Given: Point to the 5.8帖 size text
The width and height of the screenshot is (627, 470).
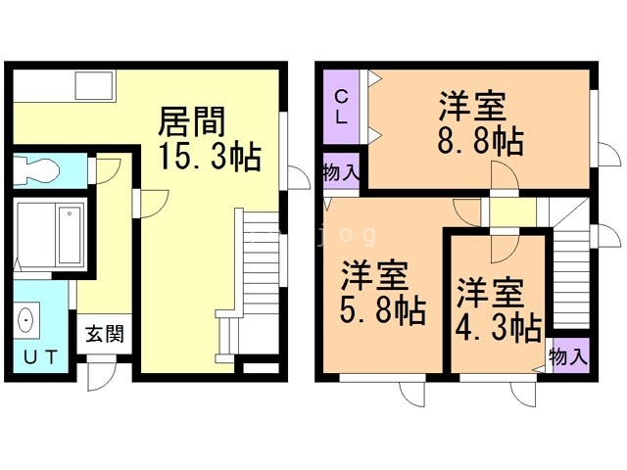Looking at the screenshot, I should tap(382, 312).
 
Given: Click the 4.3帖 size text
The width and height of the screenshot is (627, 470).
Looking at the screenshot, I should tap(499, 326).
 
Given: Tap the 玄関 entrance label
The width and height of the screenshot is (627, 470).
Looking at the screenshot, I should tap(104, 334).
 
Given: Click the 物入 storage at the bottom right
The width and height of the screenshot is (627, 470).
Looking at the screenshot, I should tap(568, 354).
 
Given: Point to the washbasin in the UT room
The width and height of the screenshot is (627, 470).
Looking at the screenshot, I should tap(26, 321).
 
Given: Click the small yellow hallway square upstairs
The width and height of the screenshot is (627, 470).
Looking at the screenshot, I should tap(513, 211).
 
